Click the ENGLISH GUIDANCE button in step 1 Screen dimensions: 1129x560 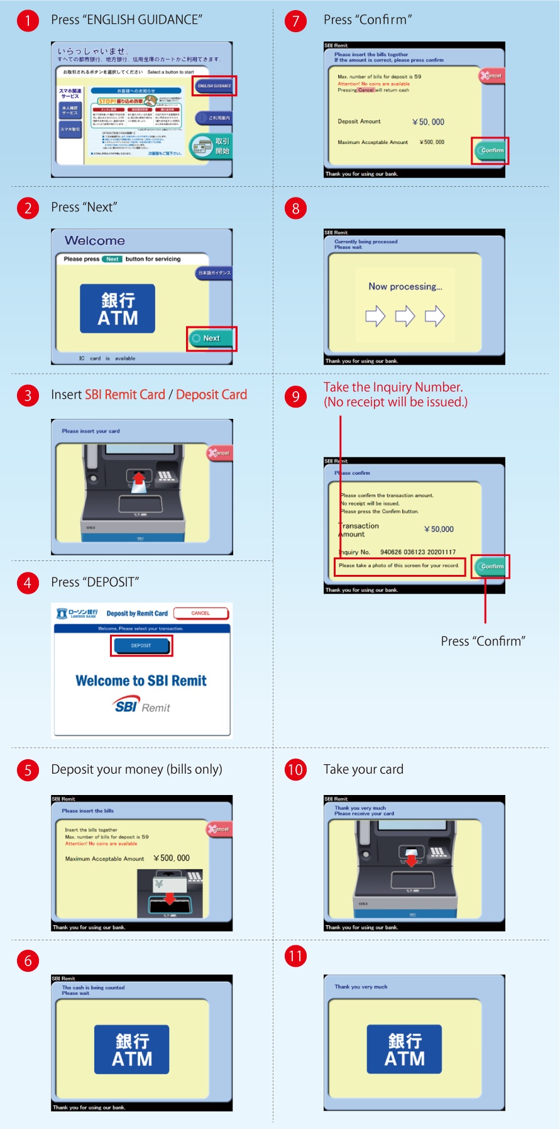[x=214, y=86]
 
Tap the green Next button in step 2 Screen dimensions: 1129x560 [x=211, y=338]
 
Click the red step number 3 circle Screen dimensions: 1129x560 [x=28, y=396]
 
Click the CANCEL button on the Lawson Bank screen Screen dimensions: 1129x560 [x=200, y=613]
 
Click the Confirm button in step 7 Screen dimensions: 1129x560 [x=491, y=150]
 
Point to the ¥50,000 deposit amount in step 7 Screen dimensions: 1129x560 [x=428, y=122]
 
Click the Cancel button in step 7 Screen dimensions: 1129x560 [x=491, y=75]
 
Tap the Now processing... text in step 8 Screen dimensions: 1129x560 [x=405, y=287]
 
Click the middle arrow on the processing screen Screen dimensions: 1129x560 [x=405, y=316]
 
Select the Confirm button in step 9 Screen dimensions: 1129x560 [x=491, y=566]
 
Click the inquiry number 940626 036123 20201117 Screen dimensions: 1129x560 [x=418, y=552]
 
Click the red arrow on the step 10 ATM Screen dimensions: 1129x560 [x=411, y=859]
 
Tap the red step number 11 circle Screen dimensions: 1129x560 [x=295, y=957]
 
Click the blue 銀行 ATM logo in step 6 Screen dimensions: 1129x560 [x=132, y=1050]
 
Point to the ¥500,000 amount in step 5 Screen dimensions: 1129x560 [x=172, y=859]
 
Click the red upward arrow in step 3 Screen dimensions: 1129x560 [x=140, y=481]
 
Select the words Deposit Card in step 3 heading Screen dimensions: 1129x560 [x=211, y=395]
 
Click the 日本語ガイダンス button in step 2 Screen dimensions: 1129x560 [x=214, y=273]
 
